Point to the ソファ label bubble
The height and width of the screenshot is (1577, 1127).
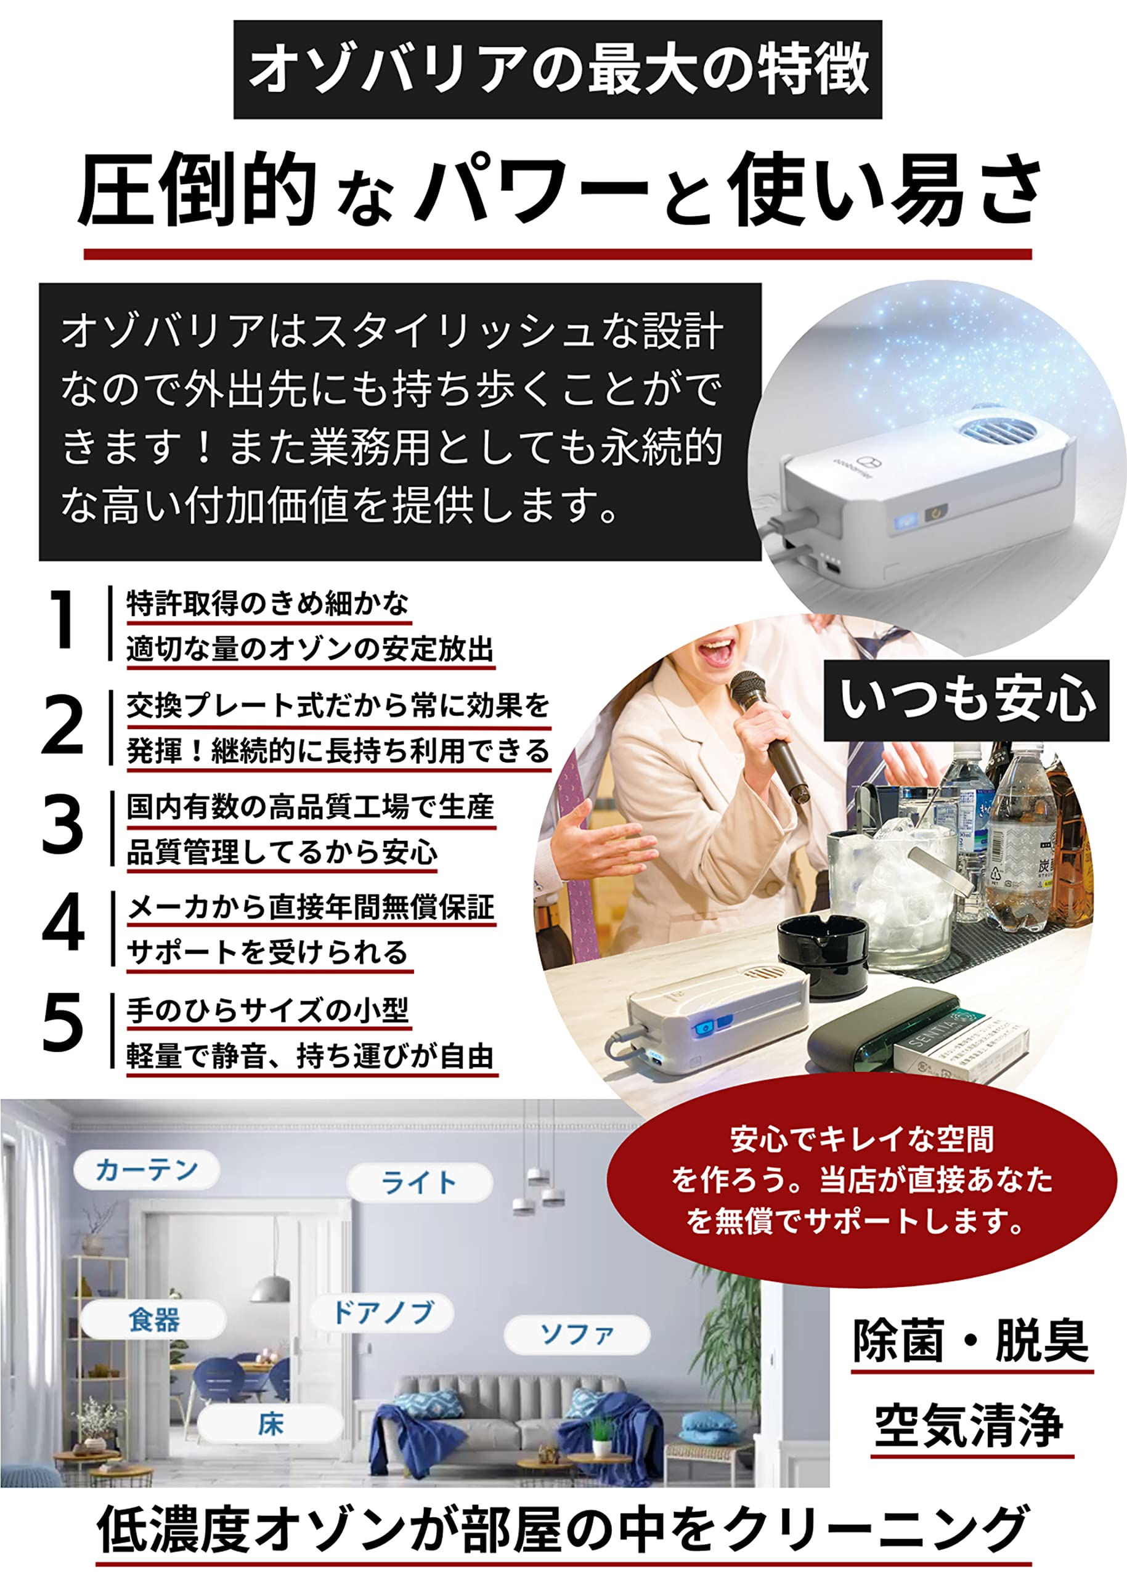coord(576,1334)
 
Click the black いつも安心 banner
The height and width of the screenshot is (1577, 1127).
coord(966,699)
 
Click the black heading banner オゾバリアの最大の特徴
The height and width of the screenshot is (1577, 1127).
coord(557,70)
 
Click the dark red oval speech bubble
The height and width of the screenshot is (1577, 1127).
coord(861,1180)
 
